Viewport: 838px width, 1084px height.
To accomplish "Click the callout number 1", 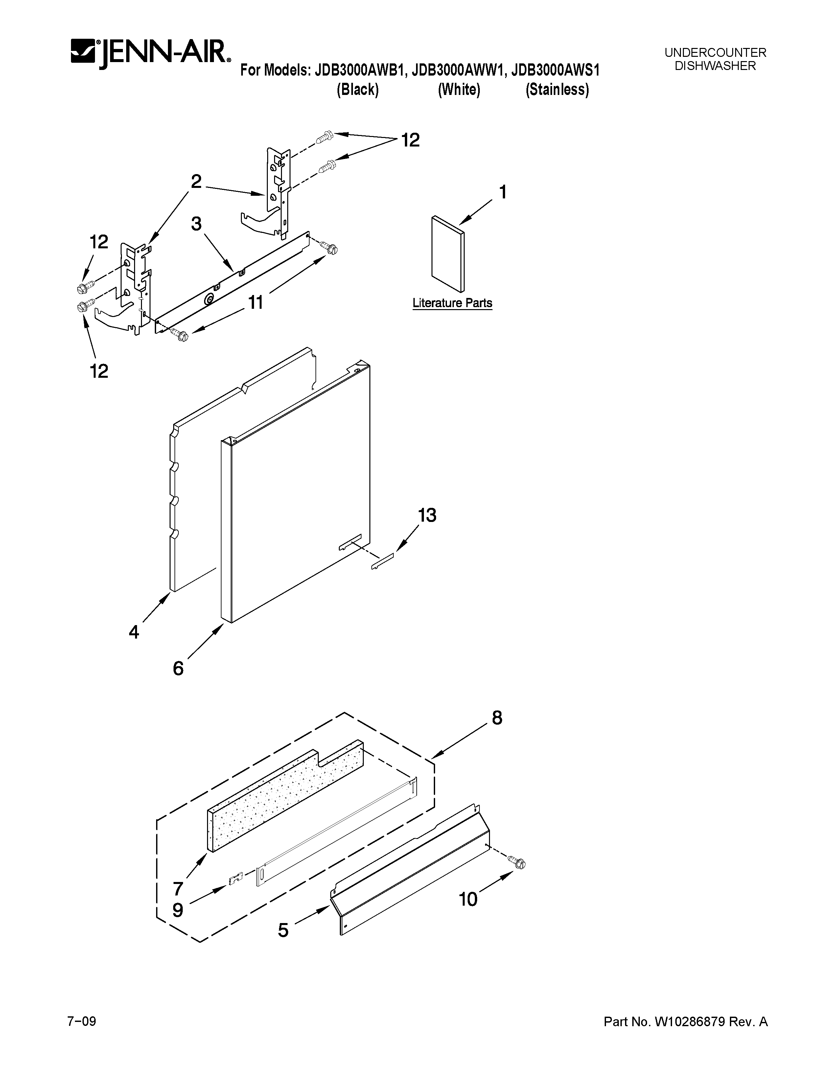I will coord(502,192).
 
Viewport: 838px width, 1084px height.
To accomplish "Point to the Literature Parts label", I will coord(452,303).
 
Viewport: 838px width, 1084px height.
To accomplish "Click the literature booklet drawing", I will coord(448,254).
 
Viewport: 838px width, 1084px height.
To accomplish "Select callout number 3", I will coord(197,224).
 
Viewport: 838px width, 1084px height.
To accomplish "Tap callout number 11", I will coord(255,302).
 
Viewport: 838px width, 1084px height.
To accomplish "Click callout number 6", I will coord(178,668).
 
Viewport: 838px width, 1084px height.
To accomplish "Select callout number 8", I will coord(497,718).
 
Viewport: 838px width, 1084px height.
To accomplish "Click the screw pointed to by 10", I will coord(519,864).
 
